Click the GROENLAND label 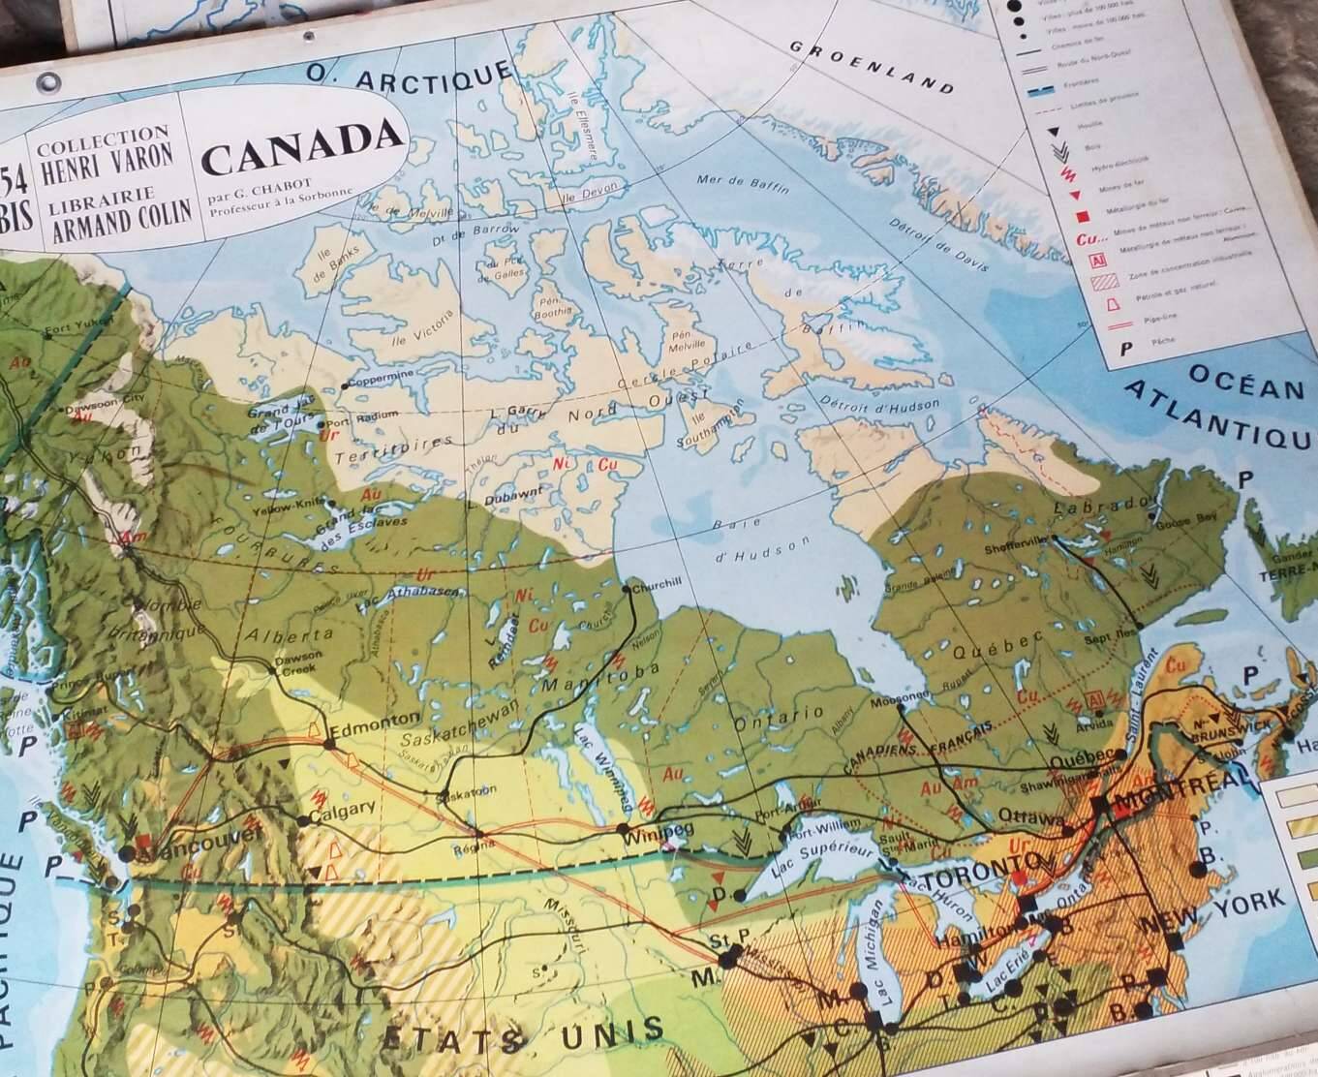[x=871, y=66]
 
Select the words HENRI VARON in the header [x=107, y=154]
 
